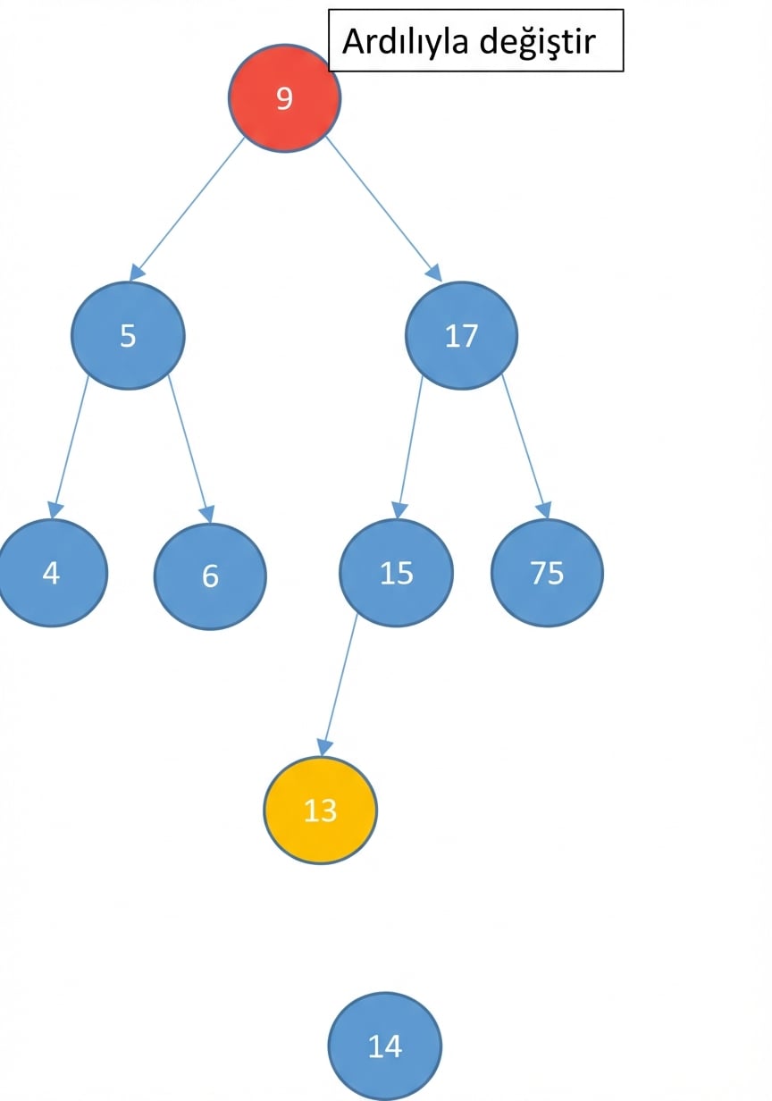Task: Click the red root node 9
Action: pos(284,98)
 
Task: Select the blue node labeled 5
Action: pos(128,336)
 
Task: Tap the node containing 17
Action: pos(461,336)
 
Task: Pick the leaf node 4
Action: pos(51,573)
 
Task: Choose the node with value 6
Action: pos(210,576)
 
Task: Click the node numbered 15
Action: pos(397,573)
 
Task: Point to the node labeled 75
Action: pos(547,573)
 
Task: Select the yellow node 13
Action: pos(321,811)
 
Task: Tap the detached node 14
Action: pos(385,1046)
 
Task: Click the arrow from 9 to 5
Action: pos(187,209)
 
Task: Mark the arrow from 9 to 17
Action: pos(384,209)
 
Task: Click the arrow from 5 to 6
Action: pos(191,450)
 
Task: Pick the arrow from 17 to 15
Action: pos(409,448)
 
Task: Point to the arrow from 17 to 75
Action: pos(525,447)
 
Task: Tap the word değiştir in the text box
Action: pos(538,42)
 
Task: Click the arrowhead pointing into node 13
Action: pos(323,748)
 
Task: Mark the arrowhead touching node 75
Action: pos(544,510)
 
